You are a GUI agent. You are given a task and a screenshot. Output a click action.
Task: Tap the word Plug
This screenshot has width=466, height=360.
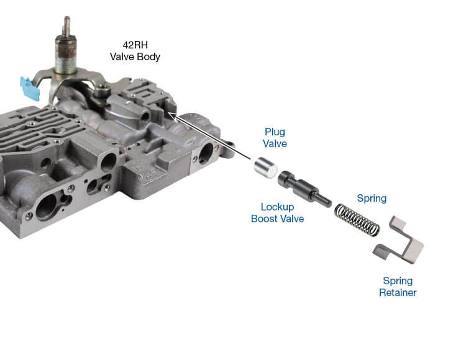(274, 132)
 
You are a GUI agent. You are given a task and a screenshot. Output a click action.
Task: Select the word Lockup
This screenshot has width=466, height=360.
(277, 207)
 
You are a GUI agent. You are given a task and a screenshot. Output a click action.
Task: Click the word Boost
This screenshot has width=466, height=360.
(264, 218)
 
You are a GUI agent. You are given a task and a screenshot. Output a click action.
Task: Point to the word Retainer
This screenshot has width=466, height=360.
(398, 292)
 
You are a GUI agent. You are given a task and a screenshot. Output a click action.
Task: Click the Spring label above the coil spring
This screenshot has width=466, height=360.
(371, 199)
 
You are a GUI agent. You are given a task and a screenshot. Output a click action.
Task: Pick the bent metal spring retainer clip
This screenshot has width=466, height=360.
(399, 244)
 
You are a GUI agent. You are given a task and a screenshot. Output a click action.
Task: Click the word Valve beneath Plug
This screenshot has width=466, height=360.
(274, 143)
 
